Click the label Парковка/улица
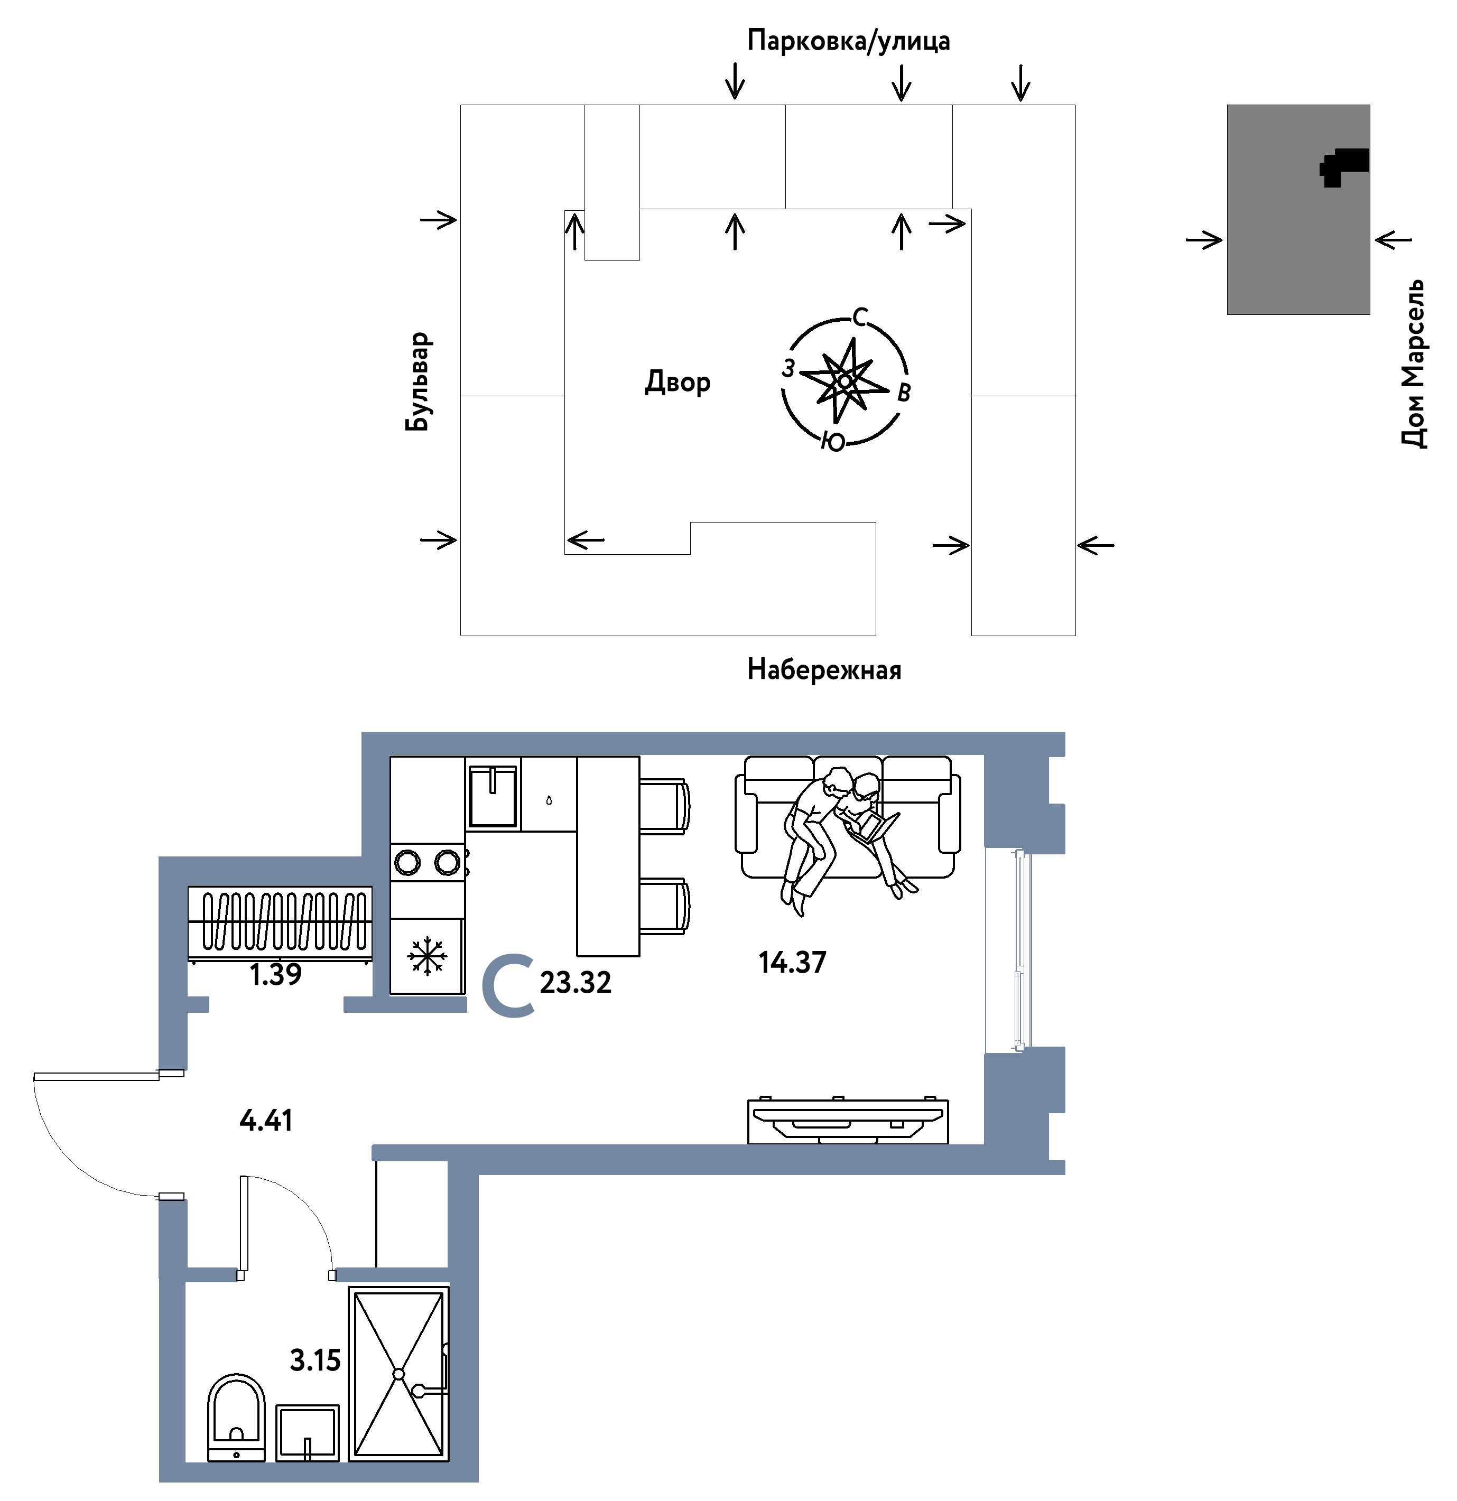848,41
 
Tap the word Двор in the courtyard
678,381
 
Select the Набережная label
824,670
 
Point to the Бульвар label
418,381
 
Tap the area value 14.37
792,963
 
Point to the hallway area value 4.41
266,1121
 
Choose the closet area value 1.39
276,975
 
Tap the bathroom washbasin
307,1433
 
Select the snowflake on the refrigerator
426,956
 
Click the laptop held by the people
873,827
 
